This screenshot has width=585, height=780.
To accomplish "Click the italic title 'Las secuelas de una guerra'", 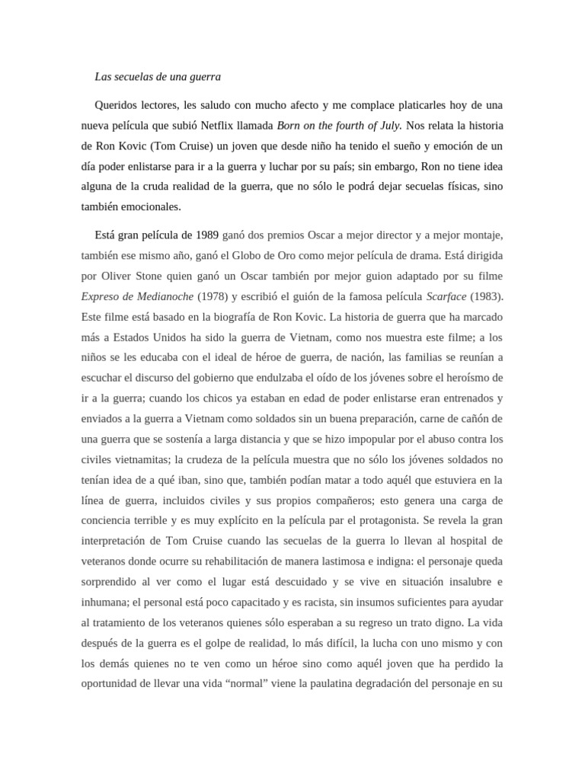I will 158,77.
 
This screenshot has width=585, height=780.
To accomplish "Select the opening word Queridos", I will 118,104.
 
